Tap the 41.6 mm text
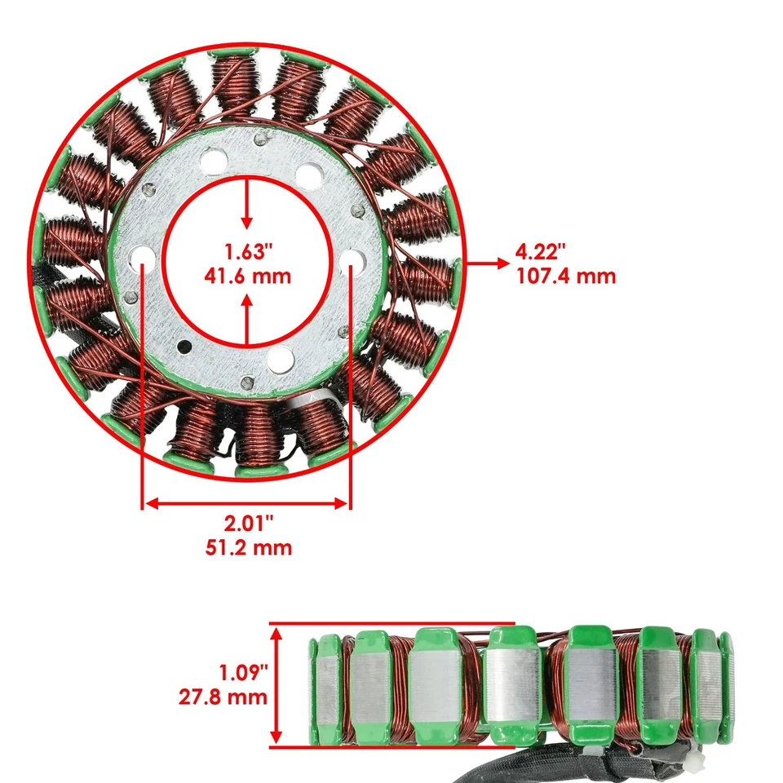246,276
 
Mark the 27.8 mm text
222,697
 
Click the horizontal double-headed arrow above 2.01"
246,503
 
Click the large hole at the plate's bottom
281,357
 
